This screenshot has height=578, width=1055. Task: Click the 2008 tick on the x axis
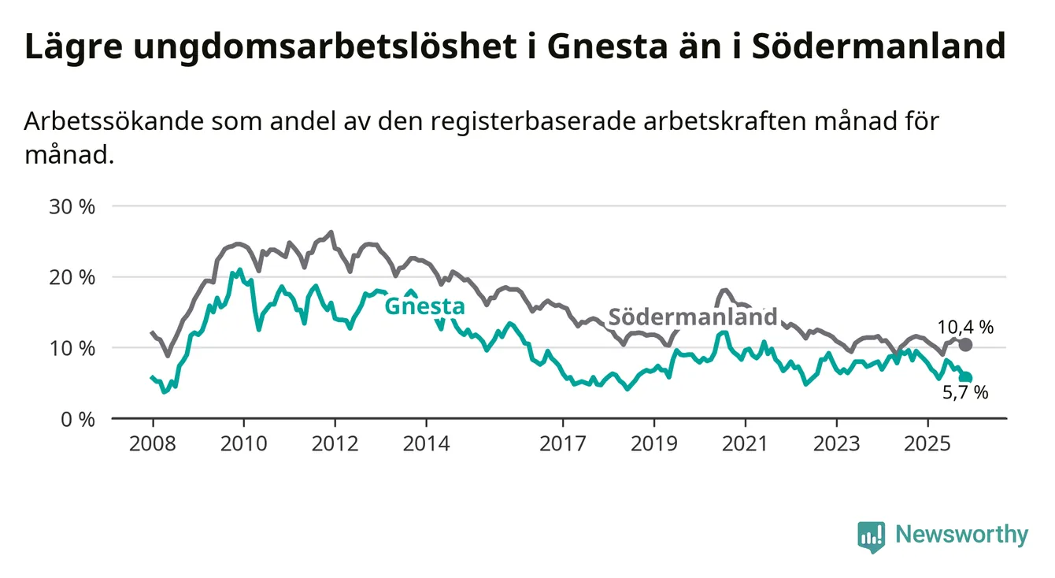(x=152, y=443)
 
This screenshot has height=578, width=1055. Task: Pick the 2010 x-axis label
(x=243, y=443)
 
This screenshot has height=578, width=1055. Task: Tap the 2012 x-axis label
(x=335, y=443)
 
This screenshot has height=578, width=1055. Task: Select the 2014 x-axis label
(x=426, y=443)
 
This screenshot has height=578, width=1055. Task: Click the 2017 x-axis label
(x=563, y=443)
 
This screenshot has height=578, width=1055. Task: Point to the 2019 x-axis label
(x=654, y=443)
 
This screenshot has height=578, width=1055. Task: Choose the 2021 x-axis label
(x=746, y=443)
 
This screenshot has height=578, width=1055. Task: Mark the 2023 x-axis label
(x=837, y=443)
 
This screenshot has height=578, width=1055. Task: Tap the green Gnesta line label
(x=424, y=306)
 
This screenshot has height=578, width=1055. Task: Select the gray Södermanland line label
(x=694, y=317)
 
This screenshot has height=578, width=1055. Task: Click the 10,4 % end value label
(x=965, y=327)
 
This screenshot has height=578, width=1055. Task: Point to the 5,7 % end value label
(x=965, y=393)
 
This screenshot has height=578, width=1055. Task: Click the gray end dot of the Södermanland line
(x=966, y=345)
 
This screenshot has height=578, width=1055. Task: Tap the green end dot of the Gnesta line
(x=966, y=378)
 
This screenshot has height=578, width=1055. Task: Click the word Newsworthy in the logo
(x=961, y=535)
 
